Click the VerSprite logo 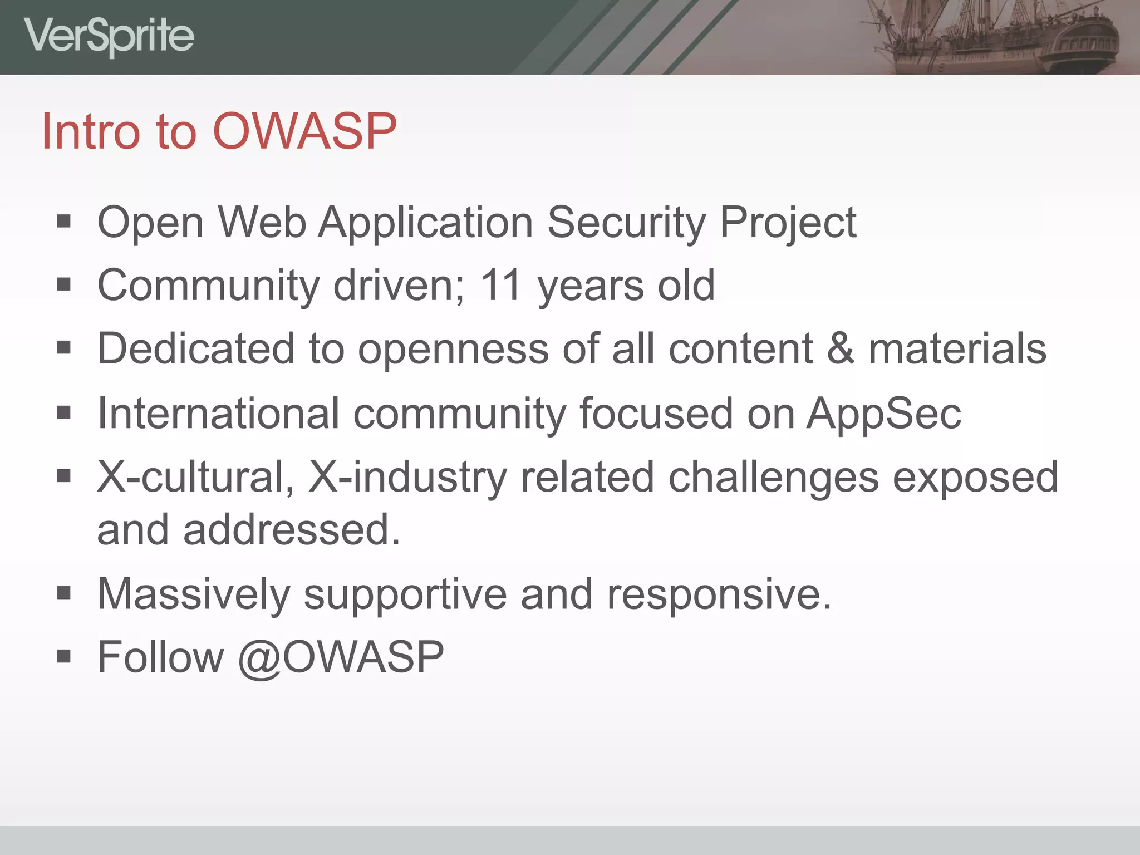click(109, 36)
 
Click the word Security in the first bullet click(626, 223)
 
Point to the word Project click(788, 223)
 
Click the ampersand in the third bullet click(841, 349)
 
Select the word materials click(957, 349)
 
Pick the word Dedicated click(195, 349)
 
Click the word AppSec click(884, 414)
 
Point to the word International click(218, 414)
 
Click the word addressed click(291, 530)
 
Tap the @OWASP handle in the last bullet click(341, 657)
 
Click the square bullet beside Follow click(64, 657)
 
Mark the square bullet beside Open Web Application click(64, 222)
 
